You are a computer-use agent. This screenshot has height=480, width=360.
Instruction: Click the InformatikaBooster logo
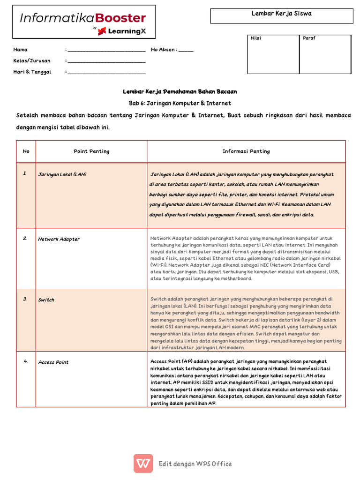click(83, 22)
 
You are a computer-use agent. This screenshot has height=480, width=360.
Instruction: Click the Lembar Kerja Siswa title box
click(281, 15)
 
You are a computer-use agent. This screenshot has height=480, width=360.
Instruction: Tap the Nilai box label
click(256, 38)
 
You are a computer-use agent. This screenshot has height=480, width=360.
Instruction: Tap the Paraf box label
click(309, 38)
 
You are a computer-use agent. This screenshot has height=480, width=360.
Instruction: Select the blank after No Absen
click(186, 50)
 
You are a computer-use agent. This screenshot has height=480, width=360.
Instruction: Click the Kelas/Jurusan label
click(32, 61)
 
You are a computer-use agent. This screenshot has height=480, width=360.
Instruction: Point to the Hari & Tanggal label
click(32, 72)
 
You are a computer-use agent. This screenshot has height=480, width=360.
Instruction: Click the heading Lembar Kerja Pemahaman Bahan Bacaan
click(180, 92)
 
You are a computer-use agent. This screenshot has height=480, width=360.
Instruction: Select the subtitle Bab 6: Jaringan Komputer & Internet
click(180, 103)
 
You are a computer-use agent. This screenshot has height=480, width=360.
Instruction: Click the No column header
click(26, 151)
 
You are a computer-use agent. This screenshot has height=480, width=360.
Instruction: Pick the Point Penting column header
click(91, 151)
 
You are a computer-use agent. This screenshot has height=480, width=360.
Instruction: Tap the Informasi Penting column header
click(246, 151)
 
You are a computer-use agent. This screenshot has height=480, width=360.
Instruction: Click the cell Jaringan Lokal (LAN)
click(62, 174)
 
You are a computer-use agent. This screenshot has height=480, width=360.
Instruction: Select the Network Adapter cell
click(59, 239)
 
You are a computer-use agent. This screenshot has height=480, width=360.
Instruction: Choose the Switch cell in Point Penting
click(46, 300)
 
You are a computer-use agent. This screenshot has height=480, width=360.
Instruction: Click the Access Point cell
click(53, 362)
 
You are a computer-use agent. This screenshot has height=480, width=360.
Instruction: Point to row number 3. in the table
click(25, 300)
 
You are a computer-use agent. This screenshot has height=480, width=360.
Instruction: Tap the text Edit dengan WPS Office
click(195, 464)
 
